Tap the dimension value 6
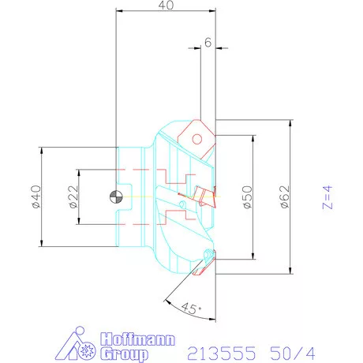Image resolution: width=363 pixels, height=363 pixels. tap(207, 43)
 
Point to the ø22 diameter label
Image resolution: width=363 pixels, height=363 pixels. tap(73, 196)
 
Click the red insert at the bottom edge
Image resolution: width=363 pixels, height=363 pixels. tap(207, 258)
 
